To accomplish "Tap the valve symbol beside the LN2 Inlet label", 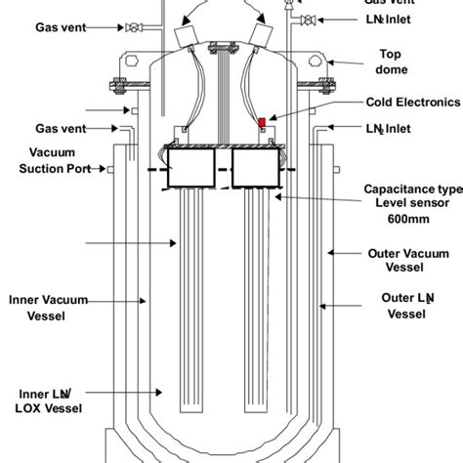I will [x=308, y=21].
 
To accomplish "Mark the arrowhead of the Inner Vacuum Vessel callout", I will [x=147, y=301].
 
